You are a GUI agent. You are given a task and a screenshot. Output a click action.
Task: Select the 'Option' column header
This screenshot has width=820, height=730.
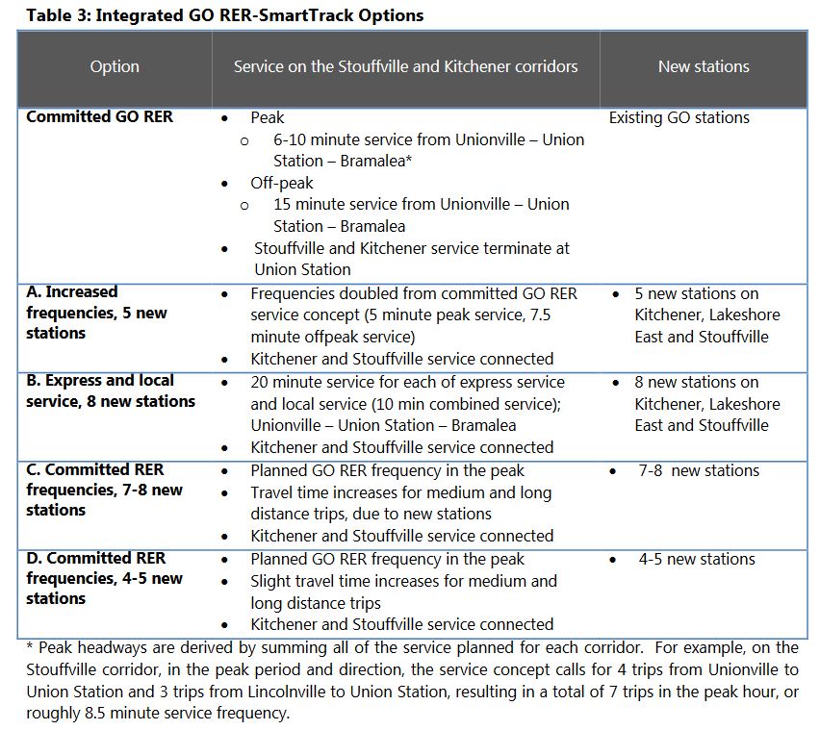click(x=115, y=66)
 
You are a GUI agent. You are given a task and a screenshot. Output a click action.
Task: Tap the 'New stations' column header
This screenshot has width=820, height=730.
click(x=704, y=66)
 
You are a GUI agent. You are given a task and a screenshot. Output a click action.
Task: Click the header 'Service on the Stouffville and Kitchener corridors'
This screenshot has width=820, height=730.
click(x=405, y=66)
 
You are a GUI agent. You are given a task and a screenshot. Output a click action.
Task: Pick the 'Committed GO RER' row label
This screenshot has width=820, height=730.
click(x=100, y=117)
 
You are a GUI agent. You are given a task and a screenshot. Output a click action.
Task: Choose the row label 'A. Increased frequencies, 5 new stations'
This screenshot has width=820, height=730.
click(x=97, y=313)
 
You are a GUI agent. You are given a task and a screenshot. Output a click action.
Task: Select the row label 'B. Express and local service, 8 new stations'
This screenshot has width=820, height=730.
click(x=111, y=391)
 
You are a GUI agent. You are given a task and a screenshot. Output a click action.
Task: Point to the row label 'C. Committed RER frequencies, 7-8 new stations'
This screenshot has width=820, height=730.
click(x=105, y=490)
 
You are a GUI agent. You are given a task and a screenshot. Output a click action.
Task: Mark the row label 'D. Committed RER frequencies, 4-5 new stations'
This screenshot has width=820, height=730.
click(x=105, y=578)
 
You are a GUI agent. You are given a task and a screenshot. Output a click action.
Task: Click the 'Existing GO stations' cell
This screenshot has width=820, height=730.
click(x=679, y=117)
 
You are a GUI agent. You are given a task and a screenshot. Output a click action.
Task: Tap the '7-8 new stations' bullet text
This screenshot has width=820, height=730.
click(x=699, y=470)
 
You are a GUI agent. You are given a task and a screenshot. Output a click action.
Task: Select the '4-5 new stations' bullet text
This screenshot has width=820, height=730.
click(x=697, y=559)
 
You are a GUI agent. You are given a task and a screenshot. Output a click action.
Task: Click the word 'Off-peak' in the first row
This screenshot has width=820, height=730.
click(x=282, y=183)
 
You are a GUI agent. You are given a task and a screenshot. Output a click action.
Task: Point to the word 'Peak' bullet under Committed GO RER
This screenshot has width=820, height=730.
click(x=268, y=117)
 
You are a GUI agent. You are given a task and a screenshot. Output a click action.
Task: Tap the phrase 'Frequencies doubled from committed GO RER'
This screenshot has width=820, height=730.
click(x=414, y=293)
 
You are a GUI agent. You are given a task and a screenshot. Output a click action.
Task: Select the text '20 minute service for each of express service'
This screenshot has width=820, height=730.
click(x=407, y=382)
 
